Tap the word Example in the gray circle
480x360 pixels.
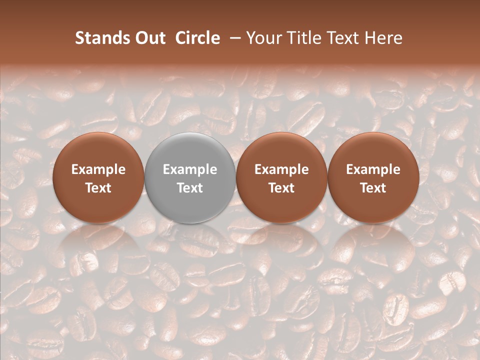pyautogui.click(x=190, y=169)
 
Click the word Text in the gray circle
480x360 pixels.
pyautogui.click(x=190, y=188)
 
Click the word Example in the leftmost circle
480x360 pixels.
pyautogui.click(x=98, y=169)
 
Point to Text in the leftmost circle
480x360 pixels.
pyautogui.click(x=98, y=188)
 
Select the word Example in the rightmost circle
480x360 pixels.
pyautogui.click(x=373, y=169)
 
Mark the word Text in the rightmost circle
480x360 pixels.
pyautogui.click(x=373, y=188)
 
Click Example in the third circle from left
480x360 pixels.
pyautogui.click(x=281, y=169)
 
